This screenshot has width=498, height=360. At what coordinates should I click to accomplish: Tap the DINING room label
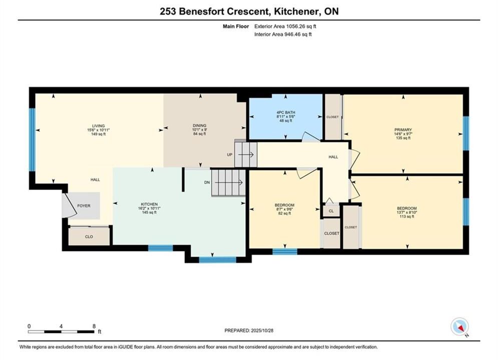pyautogui.click(x=200, y=125)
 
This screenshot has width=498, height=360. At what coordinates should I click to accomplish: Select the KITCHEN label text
pyautogui.click(x=149, y=204)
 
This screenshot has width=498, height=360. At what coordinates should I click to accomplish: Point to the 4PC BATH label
pyautogui.click(x=286, y=112)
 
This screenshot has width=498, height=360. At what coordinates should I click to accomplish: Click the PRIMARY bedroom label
pyautogui.click(x=403, y=129)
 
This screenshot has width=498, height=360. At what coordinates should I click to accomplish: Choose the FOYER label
pyautogui.click(x=84, y=206)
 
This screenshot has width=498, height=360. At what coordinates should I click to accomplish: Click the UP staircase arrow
pyautogui.click(x=246, y=154)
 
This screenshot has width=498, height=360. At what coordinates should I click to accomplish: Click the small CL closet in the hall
pyautogui.click(x=331, y=211)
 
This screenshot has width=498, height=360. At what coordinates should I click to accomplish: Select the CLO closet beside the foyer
pyautogui.click(x=89, y=236)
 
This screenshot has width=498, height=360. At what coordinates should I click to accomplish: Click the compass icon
pyautogui.click(x=459, y=326)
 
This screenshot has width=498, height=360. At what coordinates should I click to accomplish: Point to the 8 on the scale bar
pyautogui.click(x=94, y=326)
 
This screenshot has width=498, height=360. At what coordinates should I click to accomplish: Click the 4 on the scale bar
pyautogui.click(x=61, y=326)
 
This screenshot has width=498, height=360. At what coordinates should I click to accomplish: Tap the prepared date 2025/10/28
pyautogui.click(x=262, y=330)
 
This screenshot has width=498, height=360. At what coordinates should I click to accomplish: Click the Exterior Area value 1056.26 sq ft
pyautogui.click(x=301, y=26)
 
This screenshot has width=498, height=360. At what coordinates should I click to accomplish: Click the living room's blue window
pyautogui.click(x=32, y=140)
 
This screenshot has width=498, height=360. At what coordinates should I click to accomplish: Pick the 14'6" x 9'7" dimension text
pyautogui.click(x=403, y=134)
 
